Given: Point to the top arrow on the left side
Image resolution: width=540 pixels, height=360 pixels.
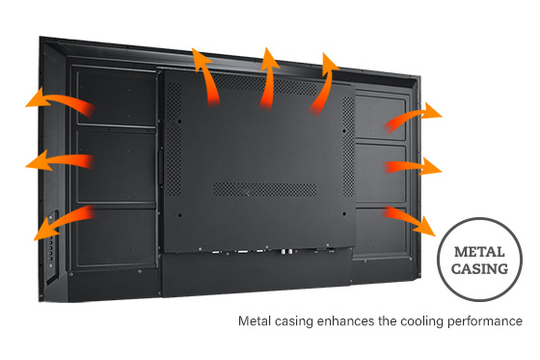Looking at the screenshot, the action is pyautogui.click(x=58, y=100).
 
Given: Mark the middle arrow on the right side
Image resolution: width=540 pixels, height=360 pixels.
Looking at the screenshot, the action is pyautogui.click(x=413, y=166).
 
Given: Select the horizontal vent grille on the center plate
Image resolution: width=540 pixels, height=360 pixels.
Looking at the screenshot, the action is pyautogui.click(x=259, y=189).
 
